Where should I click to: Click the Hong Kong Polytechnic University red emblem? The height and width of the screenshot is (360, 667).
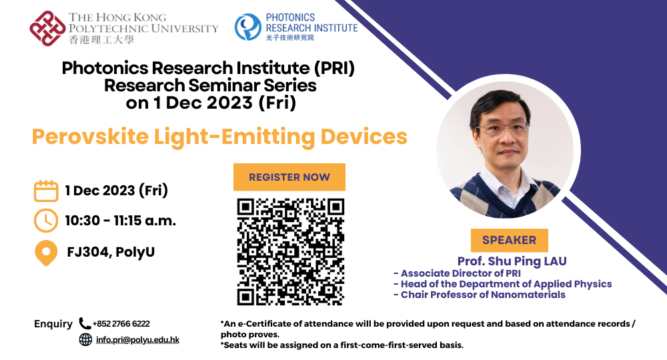(x=47, y=28)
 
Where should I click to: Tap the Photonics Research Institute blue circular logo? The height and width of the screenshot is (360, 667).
(x=247, y=27)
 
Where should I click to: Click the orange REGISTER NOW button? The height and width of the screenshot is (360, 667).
(x=289, y=177)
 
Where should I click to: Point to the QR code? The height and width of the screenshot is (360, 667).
(x=290, y=251)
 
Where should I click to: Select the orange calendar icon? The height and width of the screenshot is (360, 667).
(x=46, y=191)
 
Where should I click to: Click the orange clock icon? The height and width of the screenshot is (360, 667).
(x=46, y=220)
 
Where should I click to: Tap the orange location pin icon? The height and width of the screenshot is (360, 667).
(x=46, y=253)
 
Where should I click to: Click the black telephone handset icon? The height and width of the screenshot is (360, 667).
(x=85, y=323)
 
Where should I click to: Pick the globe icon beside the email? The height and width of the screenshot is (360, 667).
(x=85, y=339)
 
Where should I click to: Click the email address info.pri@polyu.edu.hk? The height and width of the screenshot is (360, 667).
(x=137, y=339)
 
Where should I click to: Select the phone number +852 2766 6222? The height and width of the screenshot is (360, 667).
(x=121, y=324)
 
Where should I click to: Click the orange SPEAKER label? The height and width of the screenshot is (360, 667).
(x=509, y=240)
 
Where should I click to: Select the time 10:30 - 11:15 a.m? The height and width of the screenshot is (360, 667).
(x=121, y=221)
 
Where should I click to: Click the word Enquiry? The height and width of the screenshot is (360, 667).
(x=53, y=324)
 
